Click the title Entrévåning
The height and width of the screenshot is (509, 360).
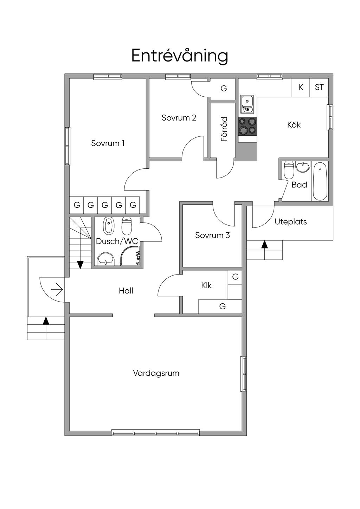pyautogui.click(x=180, y=56)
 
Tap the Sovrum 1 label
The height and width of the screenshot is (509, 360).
pyautogui.click(x=108, y=143)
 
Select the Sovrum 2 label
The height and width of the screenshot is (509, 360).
pyautogui.click(x=179, y=118)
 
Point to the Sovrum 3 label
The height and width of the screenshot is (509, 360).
pyautogui.click(x=212, y=235)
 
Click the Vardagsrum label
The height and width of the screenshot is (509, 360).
pyautogui.click(x=156, y=373)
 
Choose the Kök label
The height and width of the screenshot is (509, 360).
pyautogui.click(x=294, y=125)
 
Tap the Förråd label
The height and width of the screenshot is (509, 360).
pyautogui.click(x=224, y=129)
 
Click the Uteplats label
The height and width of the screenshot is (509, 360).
pyautogui.click(x=290, y=222)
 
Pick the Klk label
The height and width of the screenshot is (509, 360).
pyautogui.click(x=206, y=285)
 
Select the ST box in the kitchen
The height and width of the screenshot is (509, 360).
pyautogui.click(x=319, y=87)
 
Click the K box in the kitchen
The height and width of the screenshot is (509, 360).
pyautogui.click(x=301, y=87)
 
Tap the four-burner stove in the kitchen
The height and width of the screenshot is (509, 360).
pyautogui.click(x=247, y=126)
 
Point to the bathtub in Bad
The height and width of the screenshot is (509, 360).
pyautogui.click(x=320, y=181)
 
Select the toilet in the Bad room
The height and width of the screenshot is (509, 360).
pyautogui.click(x=289, y=170)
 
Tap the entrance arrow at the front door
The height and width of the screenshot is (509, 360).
pyautogui.click(x=57, y=290)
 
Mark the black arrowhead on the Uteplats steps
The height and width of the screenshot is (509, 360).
pyautogui.click(x=264, y=244)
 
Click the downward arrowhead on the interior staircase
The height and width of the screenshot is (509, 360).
pyautogui.click(x=80, y=265)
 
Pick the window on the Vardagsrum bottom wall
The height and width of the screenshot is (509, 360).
pyautogui.click(x=156, y=432)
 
